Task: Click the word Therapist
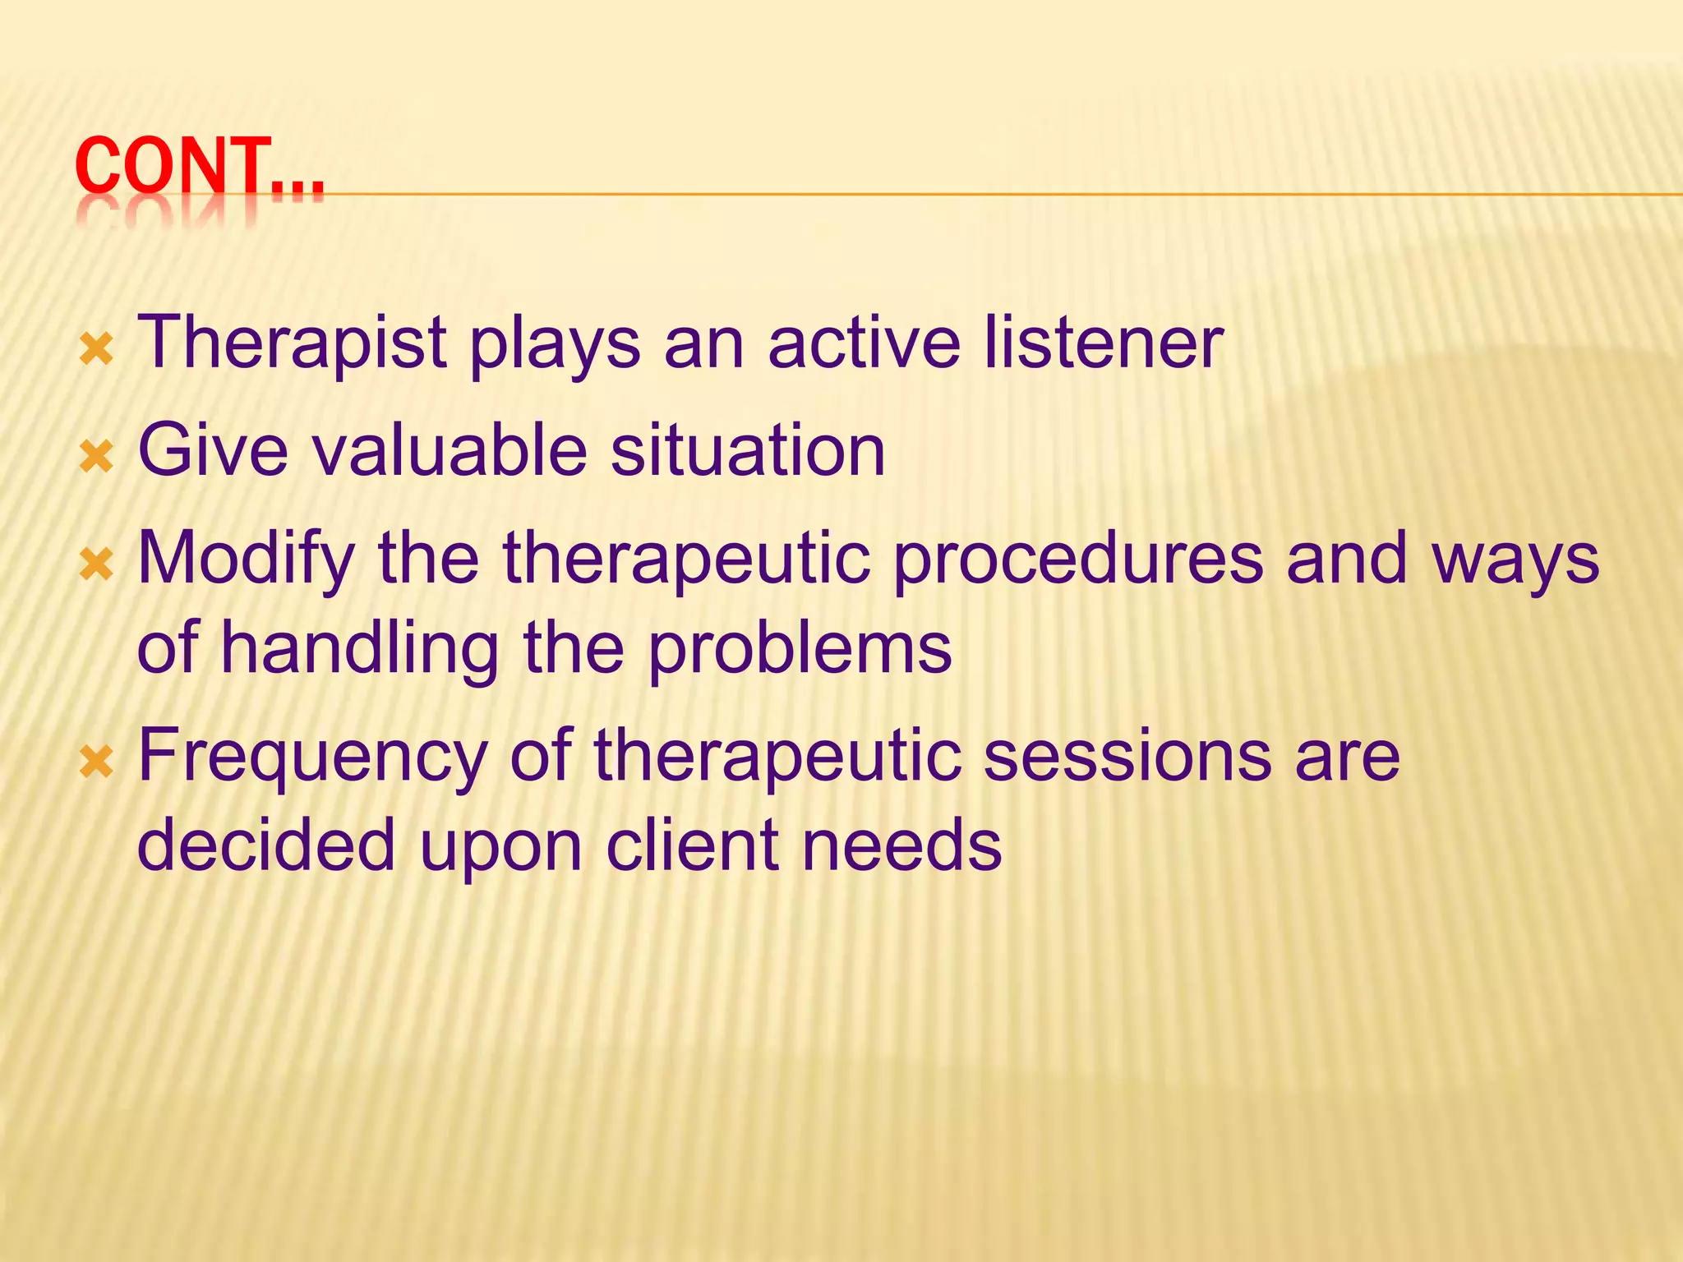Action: (292, 343)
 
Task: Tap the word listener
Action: (1103, 343)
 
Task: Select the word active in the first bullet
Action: (863, 343)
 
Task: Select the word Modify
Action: (246, 559)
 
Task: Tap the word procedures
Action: (1077, 559)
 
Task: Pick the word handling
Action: (359, 649)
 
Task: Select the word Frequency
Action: (313, 758)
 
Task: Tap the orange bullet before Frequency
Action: (96, 764)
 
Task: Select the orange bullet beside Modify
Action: (96, 565)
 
